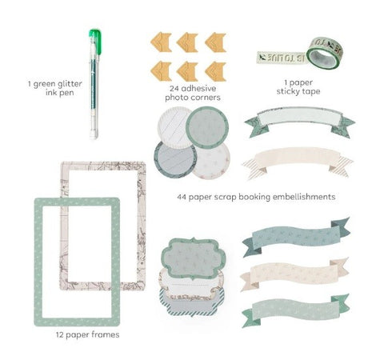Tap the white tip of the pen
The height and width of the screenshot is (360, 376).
(x=94, y=134)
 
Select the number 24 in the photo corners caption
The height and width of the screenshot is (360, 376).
(x=174, y=88)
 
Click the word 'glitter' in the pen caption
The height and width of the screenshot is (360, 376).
(x=70, y=84)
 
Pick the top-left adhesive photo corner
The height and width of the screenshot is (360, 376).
(x=161, y=42)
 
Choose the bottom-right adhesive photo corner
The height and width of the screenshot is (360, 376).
(x=215, y=71)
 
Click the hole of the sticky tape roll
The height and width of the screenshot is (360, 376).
(x=323, y=58)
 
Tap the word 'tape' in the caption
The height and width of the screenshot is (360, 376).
(x=310, y=91)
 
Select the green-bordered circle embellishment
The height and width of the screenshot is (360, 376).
(x=207, y=127)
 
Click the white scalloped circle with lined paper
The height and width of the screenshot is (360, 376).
(x=174, y=125)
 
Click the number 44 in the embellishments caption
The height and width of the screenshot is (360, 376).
(x=182, y=197)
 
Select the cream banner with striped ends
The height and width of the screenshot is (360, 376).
(x=297, y=162)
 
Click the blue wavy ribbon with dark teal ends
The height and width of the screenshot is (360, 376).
(x=296, y=237)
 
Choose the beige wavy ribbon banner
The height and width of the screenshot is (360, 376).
(x=294, y=274)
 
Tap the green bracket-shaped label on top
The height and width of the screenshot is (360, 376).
(x=194, y=258)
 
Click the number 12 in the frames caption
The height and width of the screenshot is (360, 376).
(x=59, y=334)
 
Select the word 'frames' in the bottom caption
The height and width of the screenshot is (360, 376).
(x=106, y=334)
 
